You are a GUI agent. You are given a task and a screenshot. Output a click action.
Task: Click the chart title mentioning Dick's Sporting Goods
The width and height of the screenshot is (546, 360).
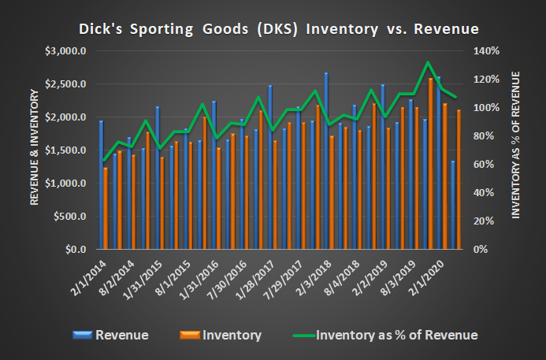(x=278, y=29)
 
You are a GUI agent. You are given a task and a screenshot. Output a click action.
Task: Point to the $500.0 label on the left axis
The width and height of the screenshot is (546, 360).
(x=70, y=217)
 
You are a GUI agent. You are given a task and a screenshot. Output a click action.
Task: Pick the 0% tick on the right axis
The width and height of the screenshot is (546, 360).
(x=477, y=250)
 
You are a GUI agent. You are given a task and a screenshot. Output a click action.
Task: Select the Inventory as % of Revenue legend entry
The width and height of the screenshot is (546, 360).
(x=386, y=336)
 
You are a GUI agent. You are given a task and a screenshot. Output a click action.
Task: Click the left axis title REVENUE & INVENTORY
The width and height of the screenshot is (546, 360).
(x=35, y=150)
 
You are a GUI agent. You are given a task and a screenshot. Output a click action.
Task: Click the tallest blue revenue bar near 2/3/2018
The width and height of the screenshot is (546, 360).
(x=326, y=161)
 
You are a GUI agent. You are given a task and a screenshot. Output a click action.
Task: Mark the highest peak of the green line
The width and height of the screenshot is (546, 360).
(x=426, y=62)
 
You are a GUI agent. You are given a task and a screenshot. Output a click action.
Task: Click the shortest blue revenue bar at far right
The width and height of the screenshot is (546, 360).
(x=452, y=205)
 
